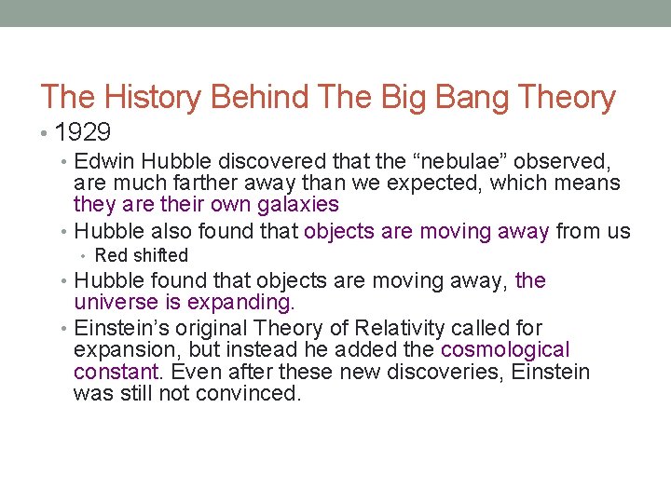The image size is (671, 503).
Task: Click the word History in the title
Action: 156,98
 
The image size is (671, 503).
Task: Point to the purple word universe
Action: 116,302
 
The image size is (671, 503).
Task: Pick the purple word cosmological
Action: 504,350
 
